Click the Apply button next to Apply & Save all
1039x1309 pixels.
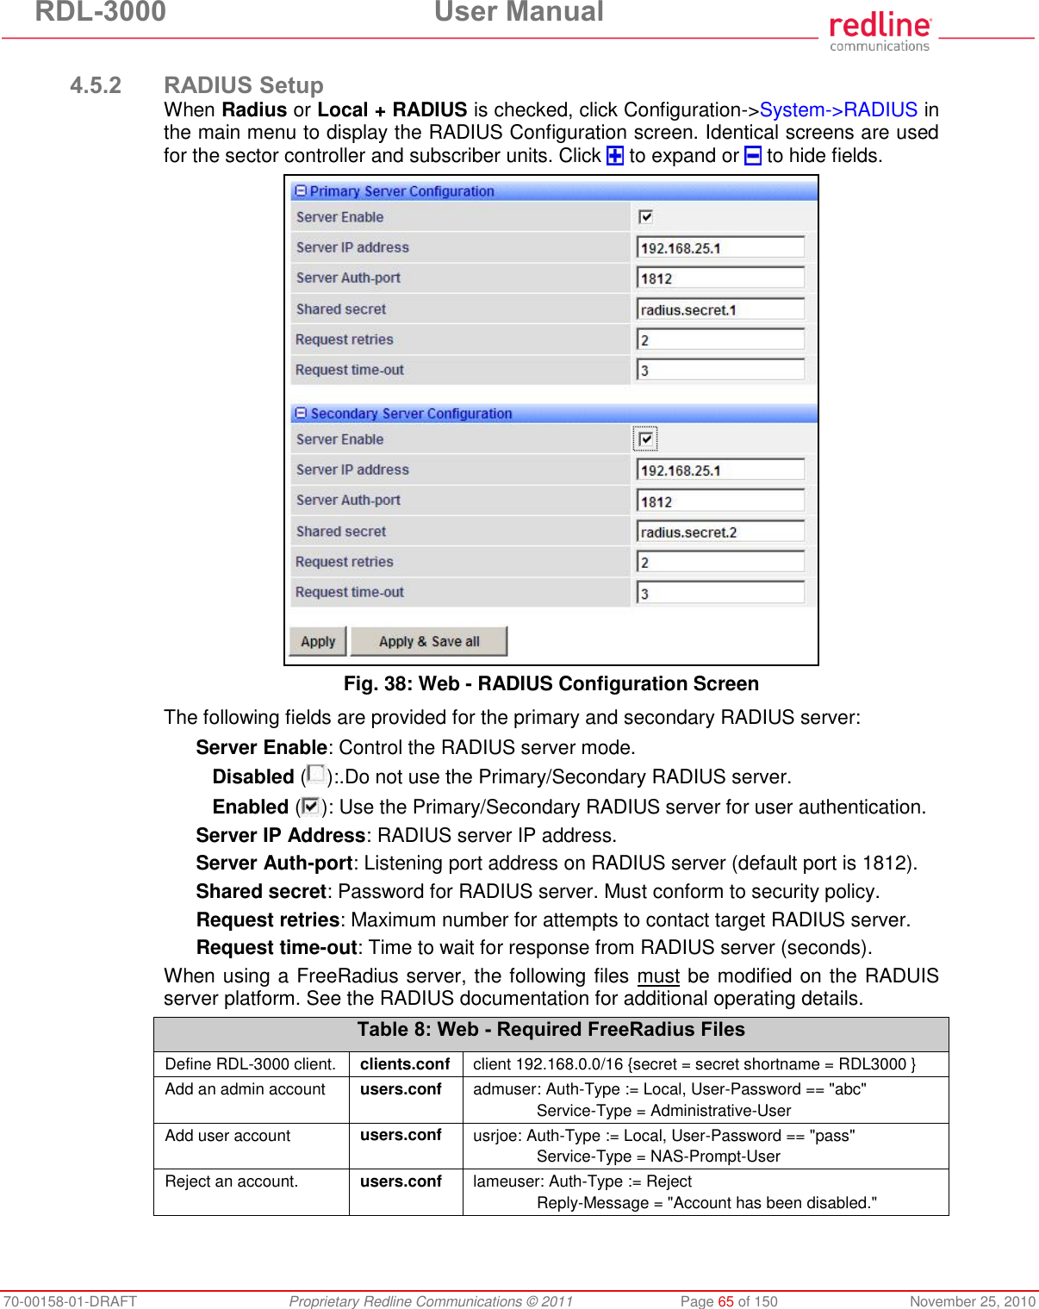pos(318,641)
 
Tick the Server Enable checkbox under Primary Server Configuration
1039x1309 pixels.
pos(646,217)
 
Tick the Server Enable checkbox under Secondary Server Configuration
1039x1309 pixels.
pos(646,439)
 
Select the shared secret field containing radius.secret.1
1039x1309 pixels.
pos(720,309)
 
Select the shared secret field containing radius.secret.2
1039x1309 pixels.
pos(720,532)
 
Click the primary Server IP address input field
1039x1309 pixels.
pos(720,248)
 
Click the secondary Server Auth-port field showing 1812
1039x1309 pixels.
pos(720,502)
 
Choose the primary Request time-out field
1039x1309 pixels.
pos(720,371)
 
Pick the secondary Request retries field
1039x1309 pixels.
pos(720,563)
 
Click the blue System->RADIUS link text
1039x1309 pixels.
pos(838,110)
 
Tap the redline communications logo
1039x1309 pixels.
pos(880,32)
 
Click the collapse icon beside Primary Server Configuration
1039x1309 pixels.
pos(301,190)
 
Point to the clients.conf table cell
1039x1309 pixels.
pos(405,1064)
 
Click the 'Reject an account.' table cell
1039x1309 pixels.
pos(232,1181)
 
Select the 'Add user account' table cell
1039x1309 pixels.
pos(227,1136)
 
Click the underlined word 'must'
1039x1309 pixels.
pos(658,976)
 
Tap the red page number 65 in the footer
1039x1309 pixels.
pos(725,1301)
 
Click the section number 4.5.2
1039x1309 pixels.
pos(96,85)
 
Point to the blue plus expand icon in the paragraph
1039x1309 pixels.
pos(615,156)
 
